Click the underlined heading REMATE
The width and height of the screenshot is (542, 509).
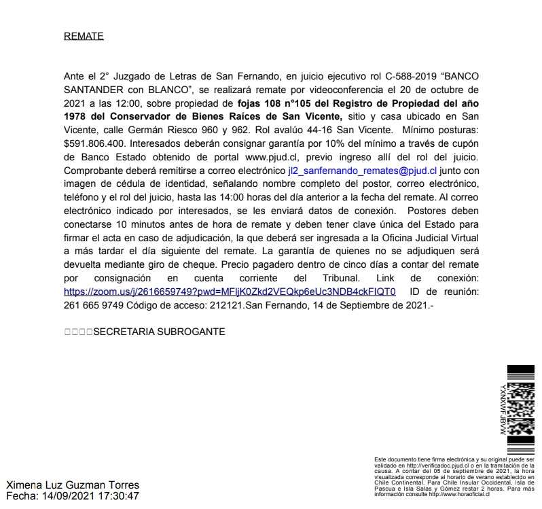point(84,36)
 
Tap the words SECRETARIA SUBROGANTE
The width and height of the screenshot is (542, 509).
point(158,332)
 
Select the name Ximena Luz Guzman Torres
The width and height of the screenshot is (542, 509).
point(73,485)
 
